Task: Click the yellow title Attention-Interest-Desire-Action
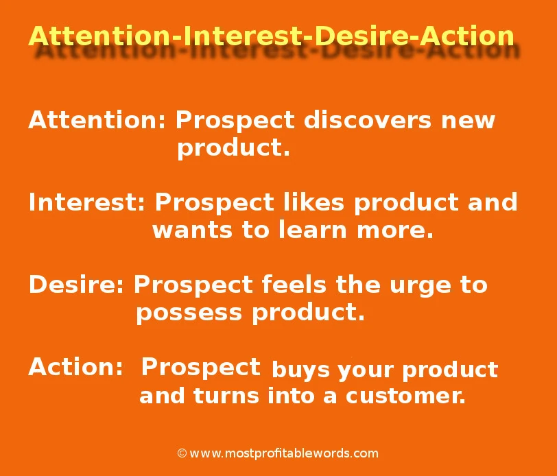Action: [x=271, y=36]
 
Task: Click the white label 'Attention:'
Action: [x=97, y=120]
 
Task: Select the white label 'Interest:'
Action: [x=87, y=202]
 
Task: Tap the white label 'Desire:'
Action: [x=76, y=285]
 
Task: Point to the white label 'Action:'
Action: [x=75, y=366]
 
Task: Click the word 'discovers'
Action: [x=368, y=120]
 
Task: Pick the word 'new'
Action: [x=469, y=121]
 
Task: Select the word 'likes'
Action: [x=313, y=202]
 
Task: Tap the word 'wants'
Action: [x=193, y=230]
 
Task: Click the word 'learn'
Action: [x=313, y=229]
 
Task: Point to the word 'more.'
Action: [x=395, y=231]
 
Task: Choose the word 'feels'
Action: [x=294, y=285]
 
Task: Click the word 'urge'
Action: [x=420, y=287]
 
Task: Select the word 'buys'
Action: [x=300, y=370]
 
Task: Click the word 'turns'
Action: [x=226, y=396]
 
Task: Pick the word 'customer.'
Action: [x=405, y=396]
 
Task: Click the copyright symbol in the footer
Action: [x=182, y=453]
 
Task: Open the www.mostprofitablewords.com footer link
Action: [x=284, y=453]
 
